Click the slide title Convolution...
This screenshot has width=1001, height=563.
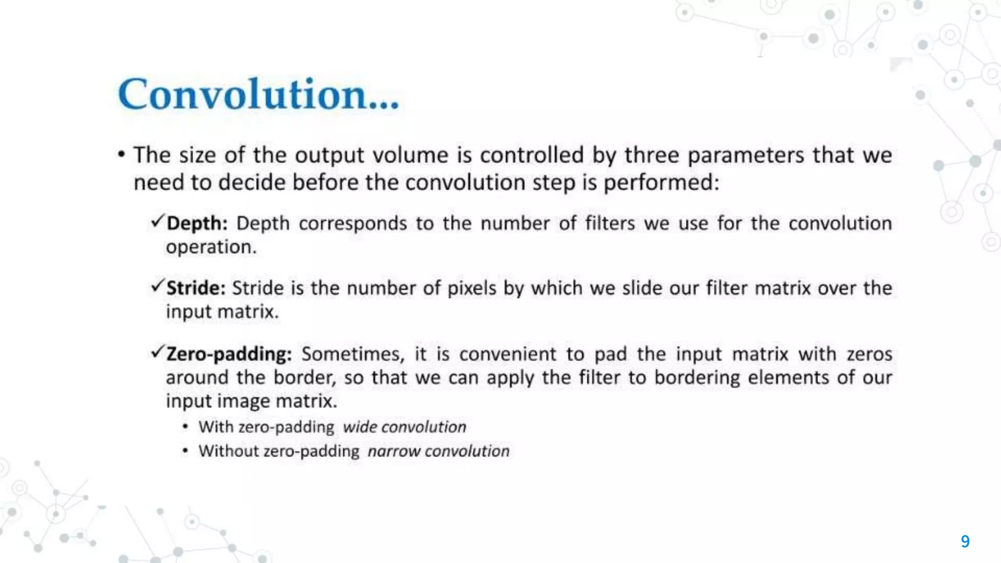coord(258,94)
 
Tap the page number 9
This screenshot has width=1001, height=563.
coord(965,541)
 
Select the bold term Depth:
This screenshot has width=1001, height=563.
coord(197,223)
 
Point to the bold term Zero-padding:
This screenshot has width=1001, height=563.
coord(229,354)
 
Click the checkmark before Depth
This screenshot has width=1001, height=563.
coord(157,221)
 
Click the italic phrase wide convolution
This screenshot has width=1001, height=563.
coord(404,427)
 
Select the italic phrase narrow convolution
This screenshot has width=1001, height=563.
coord(438,451)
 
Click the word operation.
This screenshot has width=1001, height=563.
coord(211,247)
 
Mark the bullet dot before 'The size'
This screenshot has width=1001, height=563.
coord(122,155)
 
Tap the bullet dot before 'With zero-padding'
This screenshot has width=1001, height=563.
coord(185,427)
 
